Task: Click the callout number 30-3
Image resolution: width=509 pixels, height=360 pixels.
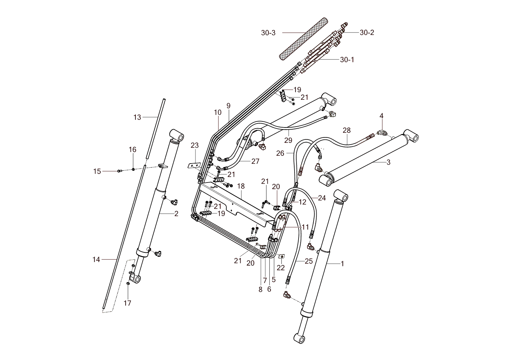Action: click(268, 33)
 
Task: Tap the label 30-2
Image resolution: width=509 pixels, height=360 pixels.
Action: click(367, 33)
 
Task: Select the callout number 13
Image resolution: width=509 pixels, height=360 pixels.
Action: click(137, 117)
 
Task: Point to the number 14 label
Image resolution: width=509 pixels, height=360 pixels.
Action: click(96, 260)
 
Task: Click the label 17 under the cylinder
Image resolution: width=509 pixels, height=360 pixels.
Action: click(127, 303)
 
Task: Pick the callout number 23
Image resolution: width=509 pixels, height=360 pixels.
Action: click(194, 145)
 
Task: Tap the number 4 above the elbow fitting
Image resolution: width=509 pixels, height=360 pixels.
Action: click(381, 116)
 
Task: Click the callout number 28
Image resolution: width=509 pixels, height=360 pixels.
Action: click(346, 130)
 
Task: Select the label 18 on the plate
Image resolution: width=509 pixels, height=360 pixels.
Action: click(241, 186)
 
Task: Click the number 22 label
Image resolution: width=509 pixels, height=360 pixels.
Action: click(280, 268)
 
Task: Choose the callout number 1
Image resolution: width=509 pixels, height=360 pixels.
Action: click(342, 263)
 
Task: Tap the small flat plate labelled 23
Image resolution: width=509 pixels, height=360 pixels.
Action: click(194, 165)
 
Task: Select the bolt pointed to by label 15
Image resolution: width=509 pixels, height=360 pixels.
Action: click(119, 171)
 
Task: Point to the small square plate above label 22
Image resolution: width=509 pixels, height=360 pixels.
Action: click(282, 256)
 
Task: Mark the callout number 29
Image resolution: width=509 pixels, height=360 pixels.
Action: click(288, 140)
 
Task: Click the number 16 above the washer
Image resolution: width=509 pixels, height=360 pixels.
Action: click(132, 150)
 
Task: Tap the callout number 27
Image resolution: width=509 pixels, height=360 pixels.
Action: click(255, 161)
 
